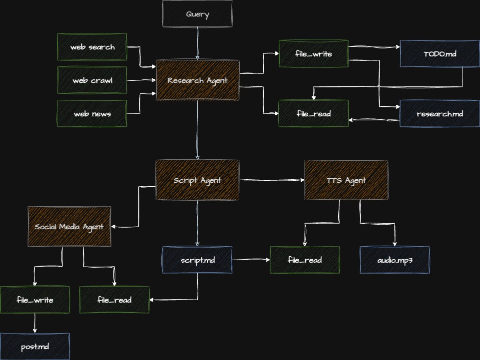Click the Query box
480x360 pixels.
click(x=197, y=14)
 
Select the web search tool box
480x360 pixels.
click(x=92, y=47)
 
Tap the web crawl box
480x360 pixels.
click(x=92, y=80)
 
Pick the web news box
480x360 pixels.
click(x=92, y=114)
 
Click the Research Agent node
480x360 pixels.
click(x=197, y=80)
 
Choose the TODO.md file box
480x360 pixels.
click(x=440, y=54)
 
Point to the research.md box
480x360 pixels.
click(x=440, y=114)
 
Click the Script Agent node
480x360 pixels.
click(x=197, y=180)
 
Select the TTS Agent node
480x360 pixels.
click(x=346, y=180)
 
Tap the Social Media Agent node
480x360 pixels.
click(x=69, y=227)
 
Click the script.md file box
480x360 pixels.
click(x=197, y=260)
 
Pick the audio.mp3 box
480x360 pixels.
click(x=395, y=260)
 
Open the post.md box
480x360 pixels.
click(x=35, y=347)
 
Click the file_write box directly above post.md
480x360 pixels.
click(x=35, y=300)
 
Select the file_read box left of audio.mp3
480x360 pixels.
click(x=305, y=260)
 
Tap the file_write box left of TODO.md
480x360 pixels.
click(x=314, y=54)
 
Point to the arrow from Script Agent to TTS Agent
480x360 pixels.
click(x=272, y=180)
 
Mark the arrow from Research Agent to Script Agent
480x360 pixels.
click(x=197, y=130)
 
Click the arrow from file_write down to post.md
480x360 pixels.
click(x=35, y=323)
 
